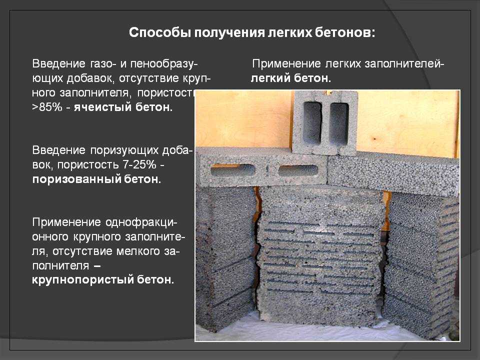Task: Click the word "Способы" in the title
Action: [x=159, y=33]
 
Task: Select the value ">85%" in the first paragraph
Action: [x=47, y=107]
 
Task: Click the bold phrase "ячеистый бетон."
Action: [x=123, y=107]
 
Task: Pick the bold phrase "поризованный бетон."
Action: [x=96, y=179]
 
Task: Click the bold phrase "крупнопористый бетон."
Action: [x=103, y=279]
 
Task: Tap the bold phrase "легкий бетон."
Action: [x=291, y=78]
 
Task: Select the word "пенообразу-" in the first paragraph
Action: [x=164, y=64]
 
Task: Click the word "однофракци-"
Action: [x=141, y=222]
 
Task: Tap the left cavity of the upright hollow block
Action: [x=312, y=122]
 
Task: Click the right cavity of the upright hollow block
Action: [x=339, y=123]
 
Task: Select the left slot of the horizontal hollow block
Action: [x=232, y=170]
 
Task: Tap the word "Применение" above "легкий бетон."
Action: [x=286, y=64]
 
